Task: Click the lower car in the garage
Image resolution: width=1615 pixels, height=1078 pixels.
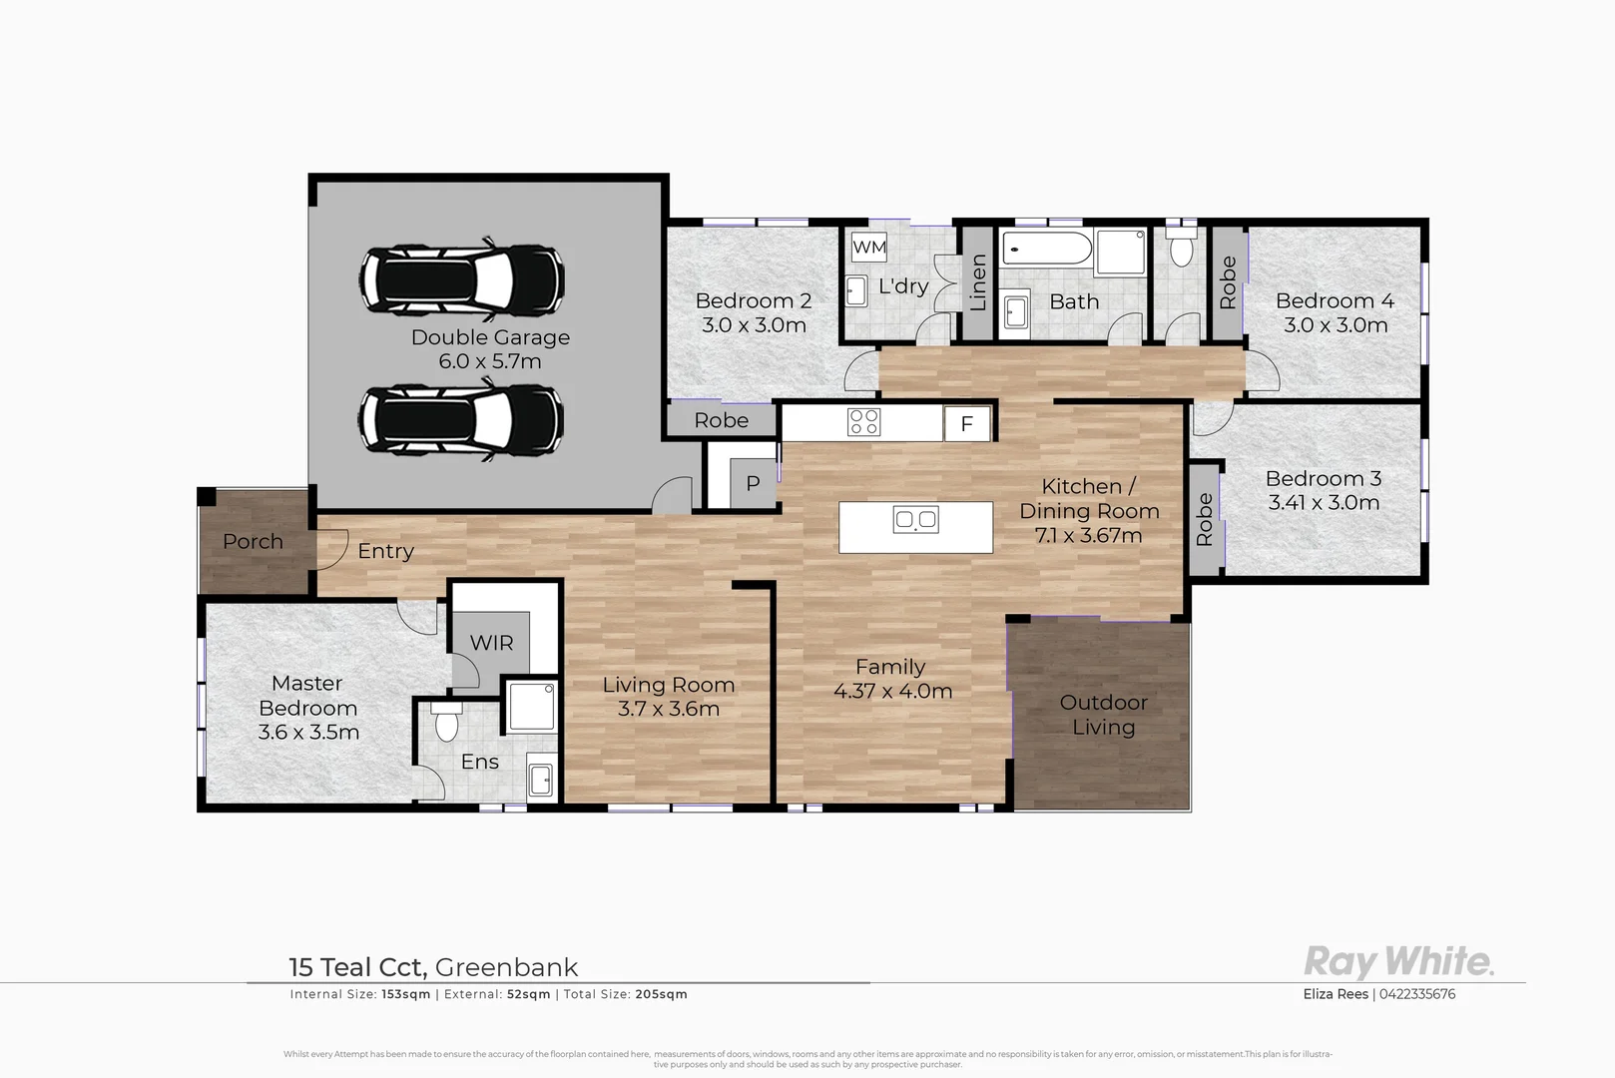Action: (x=461, y=419)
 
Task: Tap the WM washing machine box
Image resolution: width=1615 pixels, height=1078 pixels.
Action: (x=868, y=247)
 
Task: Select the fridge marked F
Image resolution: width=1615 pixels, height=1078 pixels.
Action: (x=966, y=423)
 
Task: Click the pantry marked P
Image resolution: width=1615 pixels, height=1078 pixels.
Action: (x=753, y=483)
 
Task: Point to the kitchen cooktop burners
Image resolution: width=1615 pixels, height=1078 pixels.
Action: (x=863, y=421)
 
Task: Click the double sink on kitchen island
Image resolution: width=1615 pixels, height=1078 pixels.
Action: (x=915, y=519)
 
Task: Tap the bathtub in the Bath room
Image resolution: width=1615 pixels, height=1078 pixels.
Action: (x=1047, y=249)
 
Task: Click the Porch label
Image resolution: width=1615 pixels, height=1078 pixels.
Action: (x=253, y=541)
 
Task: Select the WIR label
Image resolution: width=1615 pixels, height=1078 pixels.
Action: (x=491, y=643)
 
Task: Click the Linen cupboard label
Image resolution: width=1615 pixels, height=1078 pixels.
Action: (x=978, y=281)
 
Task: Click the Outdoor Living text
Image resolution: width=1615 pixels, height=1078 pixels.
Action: (x=1103, y=715)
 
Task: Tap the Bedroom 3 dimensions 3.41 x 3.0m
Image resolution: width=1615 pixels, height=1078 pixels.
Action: (x=1324, y=503)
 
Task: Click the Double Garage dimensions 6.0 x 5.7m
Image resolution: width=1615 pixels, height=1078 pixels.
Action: (x=490, y=361)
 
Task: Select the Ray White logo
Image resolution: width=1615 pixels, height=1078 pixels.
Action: (x=1398, y=961)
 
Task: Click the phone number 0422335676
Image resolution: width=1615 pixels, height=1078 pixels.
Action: (x=1417, y=994)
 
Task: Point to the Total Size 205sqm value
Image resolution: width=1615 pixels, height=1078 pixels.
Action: (x=661, y=994)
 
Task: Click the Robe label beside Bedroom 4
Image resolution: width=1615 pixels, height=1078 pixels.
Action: (x=1228, y=282)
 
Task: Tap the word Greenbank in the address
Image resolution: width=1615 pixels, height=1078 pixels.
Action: (x=506, y=967)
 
